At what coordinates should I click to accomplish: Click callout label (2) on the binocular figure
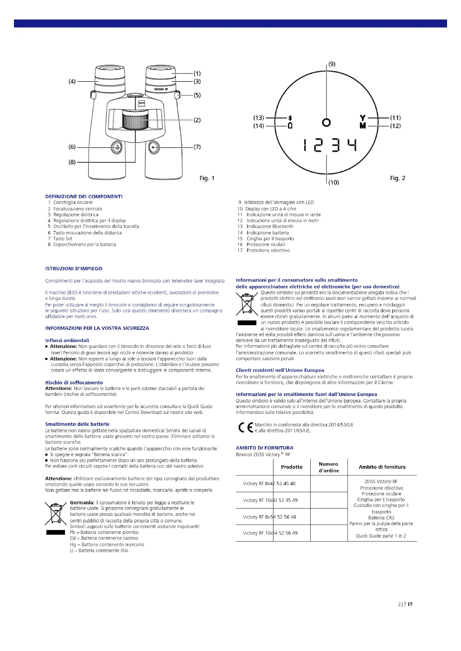point(197,120)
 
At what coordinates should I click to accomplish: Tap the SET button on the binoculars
point(154,148)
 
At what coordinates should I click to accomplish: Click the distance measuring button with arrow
point(117,148)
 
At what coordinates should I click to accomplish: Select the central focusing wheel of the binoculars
point(135,120)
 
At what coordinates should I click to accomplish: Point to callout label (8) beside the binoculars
point(72,162)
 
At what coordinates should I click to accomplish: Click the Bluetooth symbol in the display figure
point(290,118)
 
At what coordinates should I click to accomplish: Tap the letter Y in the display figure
point(363,118)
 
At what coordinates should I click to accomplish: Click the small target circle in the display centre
point(326,122)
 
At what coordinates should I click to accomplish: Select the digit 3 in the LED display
point(336,145)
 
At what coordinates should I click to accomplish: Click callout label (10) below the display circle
point(334,182)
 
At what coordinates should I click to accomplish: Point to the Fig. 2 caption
point(397,178)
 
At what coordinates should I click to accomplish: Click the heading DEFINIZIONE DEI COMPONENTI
point(84,196)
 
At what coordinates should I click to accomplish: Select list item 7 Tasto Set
point(60,239)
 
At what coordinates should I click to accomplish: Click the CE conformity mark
point(246,427)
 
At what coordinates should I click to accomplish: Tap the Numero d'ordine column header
point(328,467)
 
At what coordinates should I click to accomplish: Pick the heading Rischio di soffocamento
point(74,382)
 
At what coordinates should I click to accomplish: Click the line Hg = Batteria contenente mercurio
point(107,544)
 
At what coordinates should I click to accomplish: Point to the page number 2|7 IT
point(405,604)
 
